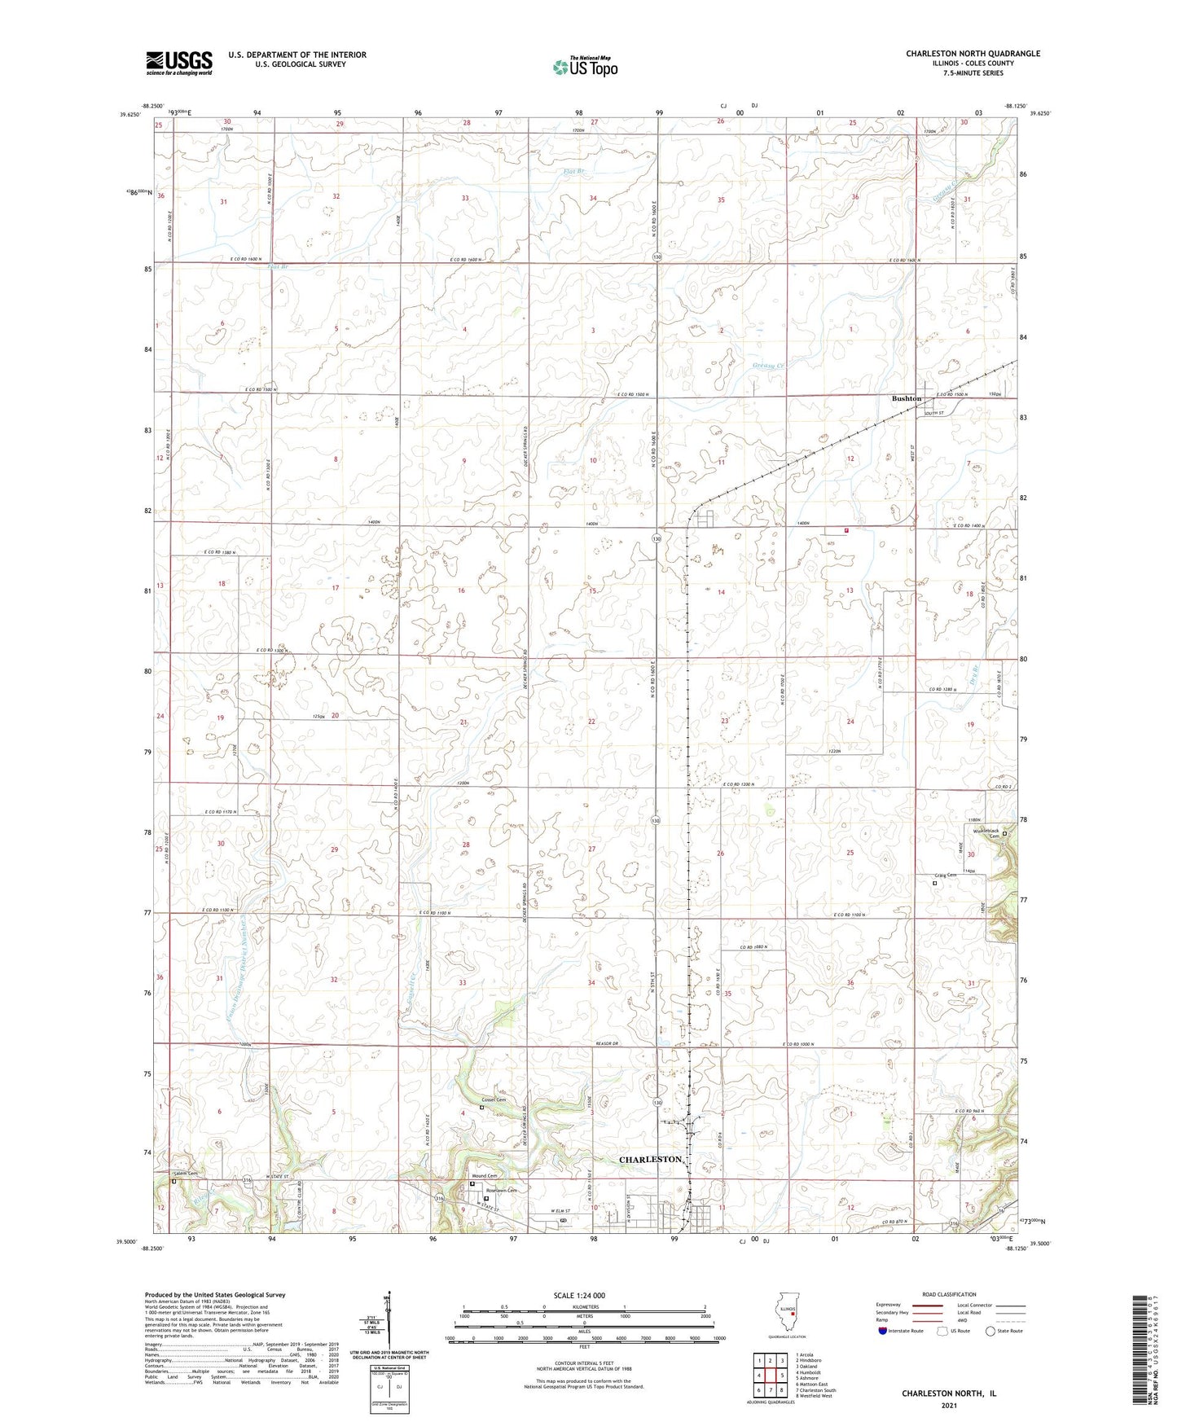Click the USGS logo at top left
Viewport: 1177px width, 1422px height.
(x=179, y=63)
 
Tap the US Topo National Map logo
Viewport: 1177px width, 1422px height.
(x=584, y=66)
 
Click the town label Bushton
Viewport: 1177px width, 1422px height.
(x=906, y=398)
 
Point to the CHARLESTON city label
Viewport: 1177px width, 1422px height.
(x=650, y=1159)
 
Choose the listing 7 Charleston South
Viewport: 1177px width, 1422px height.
(x=816, y=1389)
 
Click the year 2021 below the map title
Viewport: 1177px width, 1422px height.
(x=948, y=1405)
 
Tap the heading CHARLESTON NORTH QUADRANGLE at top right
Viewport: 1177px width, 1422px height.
(x=973, y=54)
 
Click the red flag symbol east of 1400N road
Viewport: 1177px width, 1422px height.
(x=846, y=530)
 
